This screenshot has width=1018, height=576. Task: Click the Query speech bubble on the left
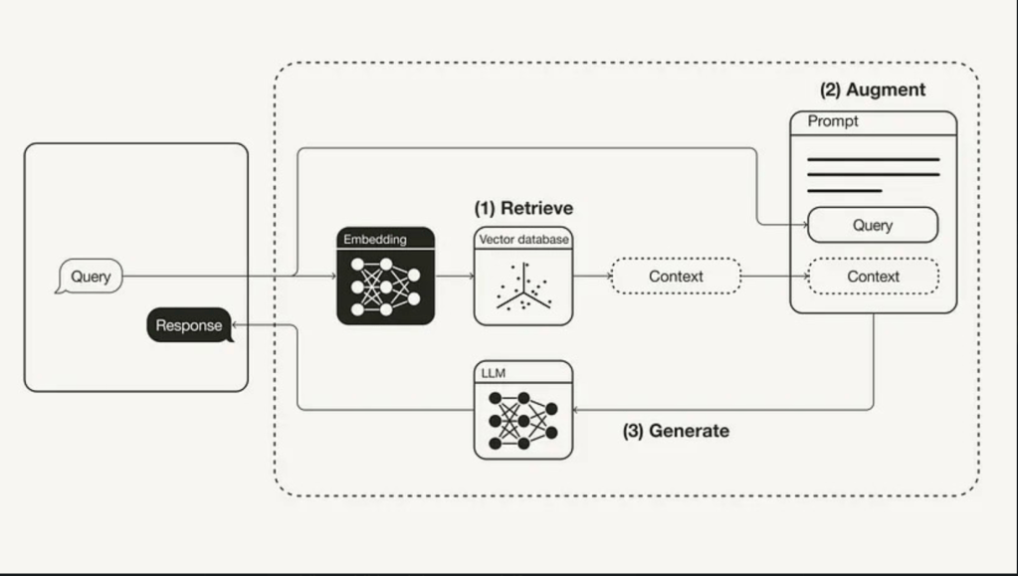90,277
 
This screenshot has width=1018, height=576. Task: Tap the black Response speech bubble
189,325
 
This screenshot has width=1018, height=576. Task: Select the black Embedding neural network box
386,277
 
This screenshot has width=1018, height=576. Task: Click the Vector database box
523,277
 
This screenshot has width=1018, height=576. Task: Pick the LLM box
523,410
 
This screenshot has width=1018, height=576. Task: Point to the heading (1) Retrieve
523,208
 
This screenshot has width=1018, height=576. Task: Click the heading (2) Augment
873,90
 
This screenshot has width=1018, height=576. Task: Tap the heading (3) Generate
676,431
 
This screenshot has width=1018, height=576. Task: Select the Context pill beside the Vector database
676,277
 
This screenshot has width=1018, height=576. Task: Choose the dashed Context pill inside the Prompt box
873,277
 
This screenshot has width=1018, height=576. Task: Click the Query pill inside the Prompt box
873,225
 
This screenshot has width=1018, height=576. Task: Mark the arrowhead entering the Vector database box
469,277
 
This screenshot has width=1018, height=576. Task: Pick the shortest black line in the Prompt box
845,190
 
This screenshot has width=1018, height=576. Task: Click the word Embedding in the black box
375,239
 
